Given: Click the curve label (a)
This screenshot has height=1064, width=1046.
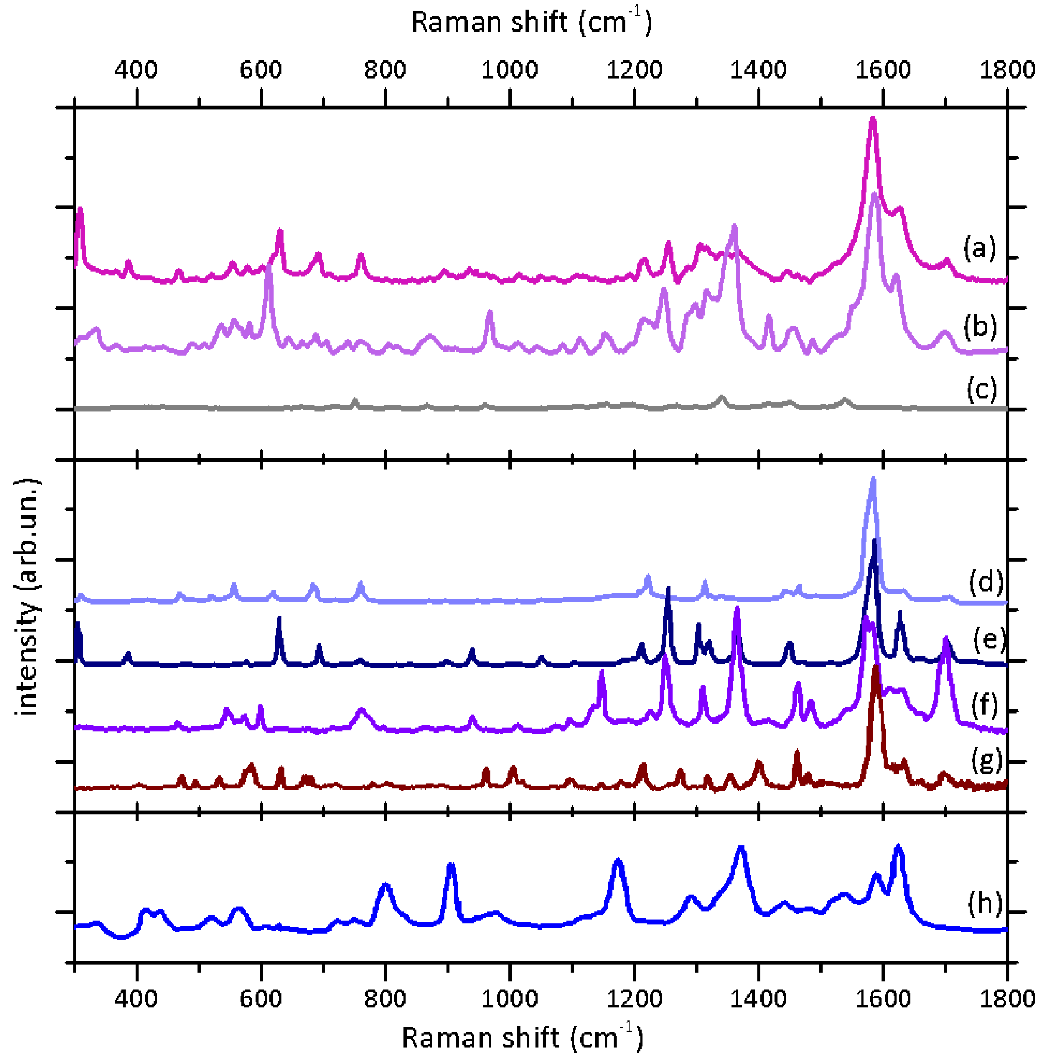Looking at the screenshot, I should tap(980, 248).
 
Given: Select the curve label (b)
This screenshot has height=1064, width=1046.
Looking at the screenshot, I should tap(980, 327).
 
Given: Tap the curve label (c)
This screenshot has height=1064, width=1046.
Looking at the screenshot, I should tap(982, 389).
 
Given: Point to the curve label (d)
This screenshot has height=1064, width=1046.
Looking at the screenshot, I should tap(986, 582).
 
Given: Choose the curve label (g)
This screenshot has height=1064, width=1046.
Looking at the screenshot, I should tap(987, 760).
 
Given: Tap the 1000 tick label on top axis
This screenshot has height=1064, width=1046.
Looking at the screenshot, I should tap(510, 70).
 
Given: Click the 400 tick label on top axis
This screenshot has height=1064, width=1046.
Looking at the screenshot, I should tap(136, 70).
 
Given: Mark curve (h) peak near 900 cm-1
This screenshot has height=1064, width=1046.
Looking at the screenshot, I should tap(451, 865).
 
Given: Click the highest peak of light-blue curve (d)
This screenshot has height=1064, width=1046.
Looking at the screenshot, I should tap(873, 479).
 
